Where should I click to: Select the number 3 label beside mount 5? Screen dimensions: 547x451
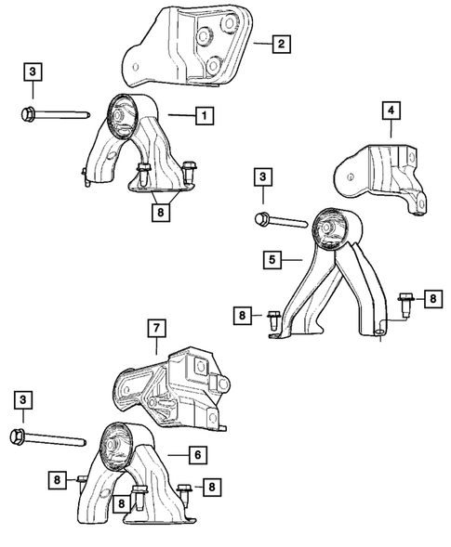[263, 176]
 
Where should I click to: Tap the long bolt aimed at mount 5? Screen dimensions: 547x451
[279, 221]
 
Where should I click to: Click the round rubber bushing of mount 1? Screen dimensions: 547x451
[124, 115]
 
